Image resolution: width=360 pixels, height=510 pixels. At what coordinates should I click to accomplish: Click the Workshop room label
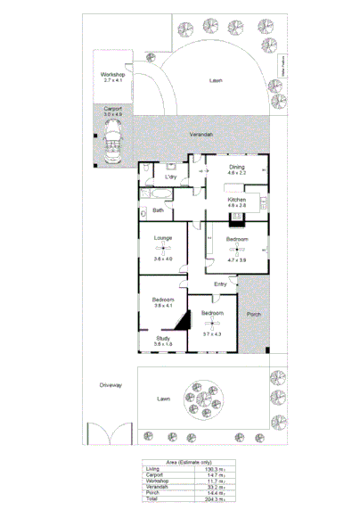click(111, 74)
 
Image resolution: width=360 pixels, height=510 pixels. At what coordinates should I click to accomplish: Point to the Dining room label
click(236, 167)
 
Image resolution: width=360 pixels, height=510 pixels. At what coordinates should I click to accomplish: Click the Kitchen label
click(236, 200)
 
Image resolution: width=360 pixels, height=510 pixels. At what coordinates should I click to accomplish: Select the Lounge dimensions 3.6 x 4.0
click(162, 259)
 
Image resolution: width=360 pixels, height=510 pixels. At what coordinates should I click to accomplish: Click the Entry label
click(220, 284)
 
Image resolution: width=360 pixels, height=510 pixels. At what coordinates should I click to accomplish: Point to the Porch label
click(253, 314)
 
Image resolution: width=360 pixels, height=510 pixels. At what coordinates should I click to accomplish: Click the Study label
click(162, 338)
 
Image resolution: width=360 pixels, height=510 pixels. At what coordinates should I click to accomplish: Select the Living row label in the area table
click(151, 468)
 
